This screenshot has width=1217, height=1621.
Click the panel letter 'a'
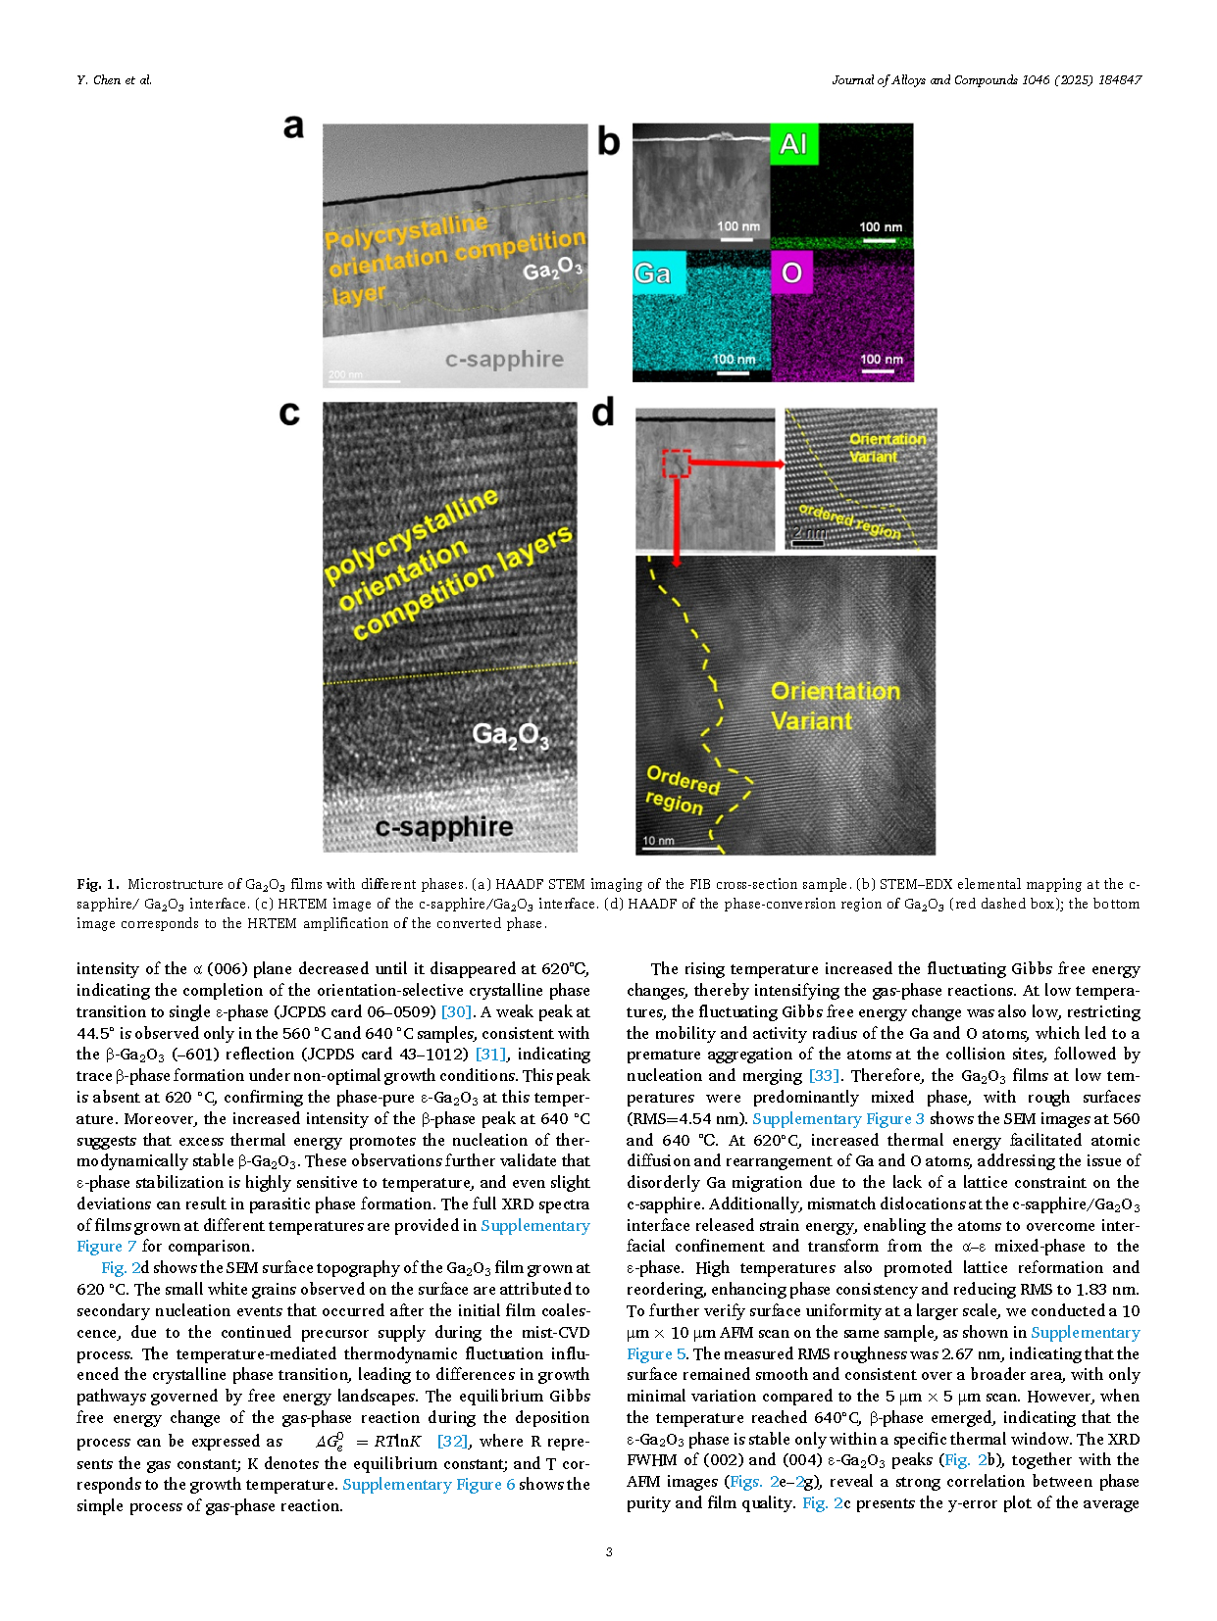pyautogui.click(x=293, y=127)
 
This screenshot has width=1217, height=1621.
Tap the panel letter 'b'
pyautogui.click(x=608, y=142)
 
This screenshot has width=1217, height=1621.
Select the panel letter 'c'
pyautogui.click(x=289, y=414)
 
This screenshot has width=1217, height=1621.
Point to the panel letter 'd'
pyautogui.click(x=603, y=413)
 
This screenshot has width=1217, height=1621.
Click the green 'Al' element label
pyautogui.click(x=793, y=144)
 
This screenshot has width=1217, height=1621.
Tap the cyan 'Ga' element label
pyautogui.click(x=652, y=273)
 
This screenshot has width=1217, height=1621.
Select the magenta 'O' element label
pyautogui.click(x=792, y=272)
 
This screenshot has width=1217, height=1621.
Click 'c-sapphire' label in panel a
pyautogui.click(x=504, y=360)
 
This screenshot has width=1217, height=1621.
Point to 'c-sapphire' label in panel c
pyautogui.click(x=443, y=827)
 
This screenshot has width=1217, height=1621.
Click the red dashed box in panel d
pyautogui.click(x=676, y=464)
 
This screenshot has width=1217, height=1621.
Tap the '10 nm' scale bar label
pyautogui.click(x=658, y=841)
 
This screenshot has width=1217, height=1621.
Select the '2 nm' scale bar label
pyautogui.click(x=808, y=532)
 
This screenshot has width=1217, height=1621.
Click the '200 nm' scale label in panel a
pyautogui.click(x=345, y=374)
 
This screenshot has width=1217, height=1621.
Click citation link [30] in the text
pyautogui.click(x=456, y=1011)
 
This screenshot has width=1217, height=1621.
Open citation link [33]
pyautogui.click(x=824, y=1076)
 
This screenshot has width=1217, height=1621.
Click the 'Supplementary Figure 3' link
pyautogui.click(x=837, y=1118)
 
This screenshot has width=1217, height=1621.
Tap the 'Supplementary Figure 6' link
pyautogui.click(x=429, y=1484)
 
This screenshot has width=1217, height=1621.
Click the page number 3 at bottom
pyautogui.click(x=609, y=1551)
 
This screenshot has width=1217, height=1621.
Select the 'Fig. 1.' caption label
pyautogui.click(x=98, y=884)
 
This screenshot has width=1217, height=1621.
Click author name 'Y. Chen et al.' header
pyautogui.click(x=114, y=80)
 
